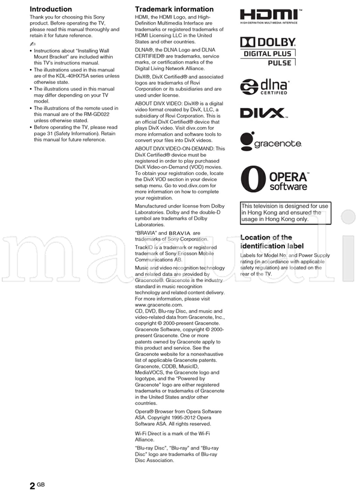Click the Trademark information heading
click(x=174, y=9)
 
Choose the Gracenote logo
click(x=270, y=143)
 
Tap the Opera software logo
click(x=274, y=180)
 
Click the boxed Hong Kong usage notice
click(x=285, y=212)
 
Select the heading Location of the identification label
click(x=272, y=242)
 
